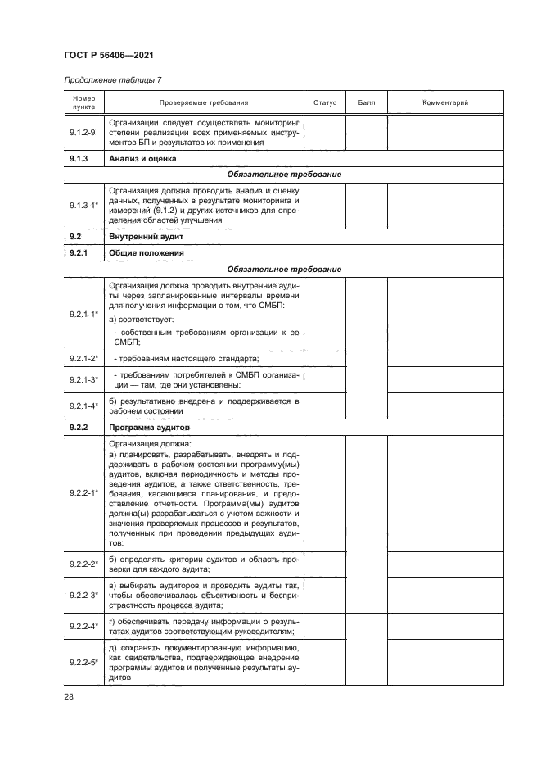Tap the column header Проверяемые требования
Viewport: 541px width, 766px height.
pos(203,102)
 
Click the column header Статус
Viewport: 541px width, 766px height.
pos(325,102)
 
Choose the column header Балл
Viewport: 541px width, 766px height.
pos(366,102)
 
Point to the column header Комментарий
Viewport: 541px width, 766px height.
pos(444,102)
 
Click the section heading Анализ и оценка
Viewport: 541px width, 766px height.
pos(143,157)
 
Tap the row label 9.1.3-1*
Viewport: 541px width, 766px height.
pos(83,203)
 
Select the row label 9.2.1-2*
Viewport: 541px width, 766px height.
pos(83,359)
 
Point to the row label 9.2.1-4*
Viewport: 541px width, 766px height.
pos(83,406)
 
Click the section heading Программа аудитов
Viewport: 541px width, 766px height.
pos(149,428)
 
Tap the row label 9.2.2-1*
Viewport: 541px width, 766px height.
pos(83,492)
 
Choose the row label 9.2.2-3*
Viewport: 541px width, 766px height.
pos(83,596)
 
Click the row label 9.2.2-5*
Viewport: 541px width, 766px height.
pos(83,664)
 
